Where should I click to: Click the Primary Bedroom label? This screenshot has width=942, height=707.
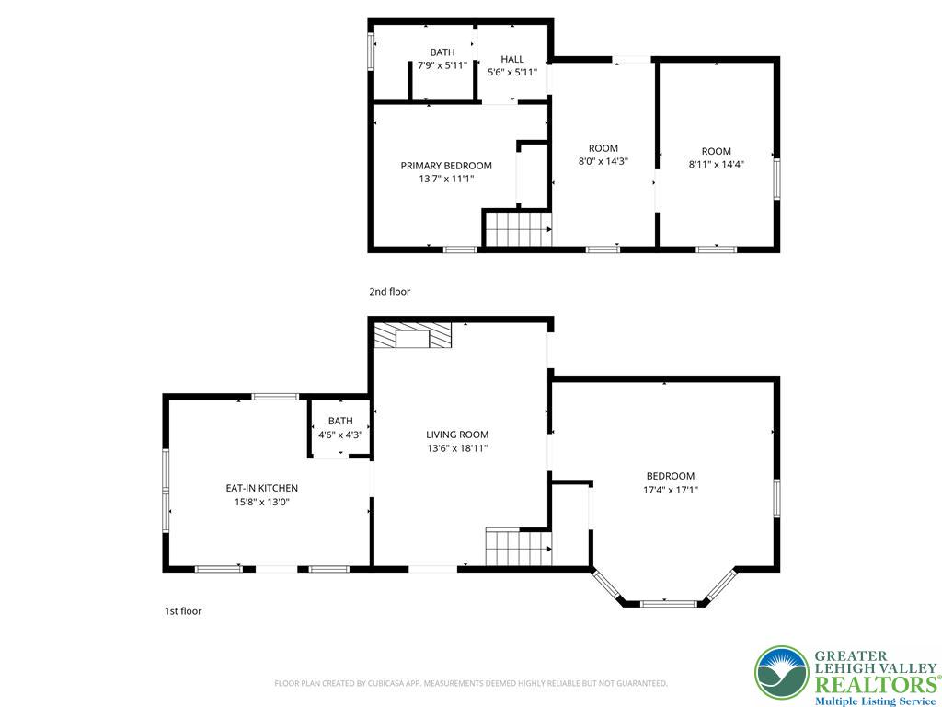click(446, 166)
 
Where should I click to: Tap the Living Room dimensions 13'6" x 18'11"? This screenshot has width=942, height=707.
click(457, 448)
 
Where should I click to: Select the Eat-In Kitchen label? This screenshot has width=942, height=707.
click(262, 488)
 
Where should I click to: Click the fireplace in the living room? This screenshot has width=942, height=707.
click(412, 335)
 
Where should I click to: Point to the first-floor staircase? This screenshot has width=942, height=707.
click(519, 547)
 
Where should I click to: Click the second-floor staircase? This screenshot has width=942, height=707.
click(519, 228)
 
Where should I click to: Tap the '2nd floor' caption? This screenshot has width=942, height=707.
click(390, 292)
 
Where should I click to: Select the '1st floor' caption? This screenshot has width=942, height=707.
click(183, 611)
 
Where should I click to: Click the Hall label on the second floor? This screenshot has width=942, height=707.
click(512, 59)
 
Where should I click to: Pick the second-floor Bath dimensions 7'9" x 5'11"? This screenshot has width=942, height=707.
click(442, 65)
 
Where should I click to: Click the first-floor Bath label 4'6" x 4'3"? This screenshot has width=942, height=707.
click(340, 427)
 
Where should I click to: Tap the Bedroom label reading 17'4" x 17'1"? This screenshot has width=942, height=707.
click(671, 482)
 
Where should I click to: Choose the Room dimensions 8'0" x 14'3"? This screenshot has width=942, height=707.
click(603, 162)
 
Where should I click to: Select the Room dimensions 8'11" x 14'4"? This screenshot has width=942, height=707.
click(717, 164)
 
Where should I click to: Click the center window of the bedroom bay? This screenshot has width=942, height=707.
click(669, 603)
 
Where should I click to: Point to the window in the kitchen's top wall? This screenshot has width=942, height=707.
click(275, 397)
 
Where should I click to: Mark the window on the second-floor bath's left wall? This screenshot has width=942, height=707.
click(372, 52)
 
